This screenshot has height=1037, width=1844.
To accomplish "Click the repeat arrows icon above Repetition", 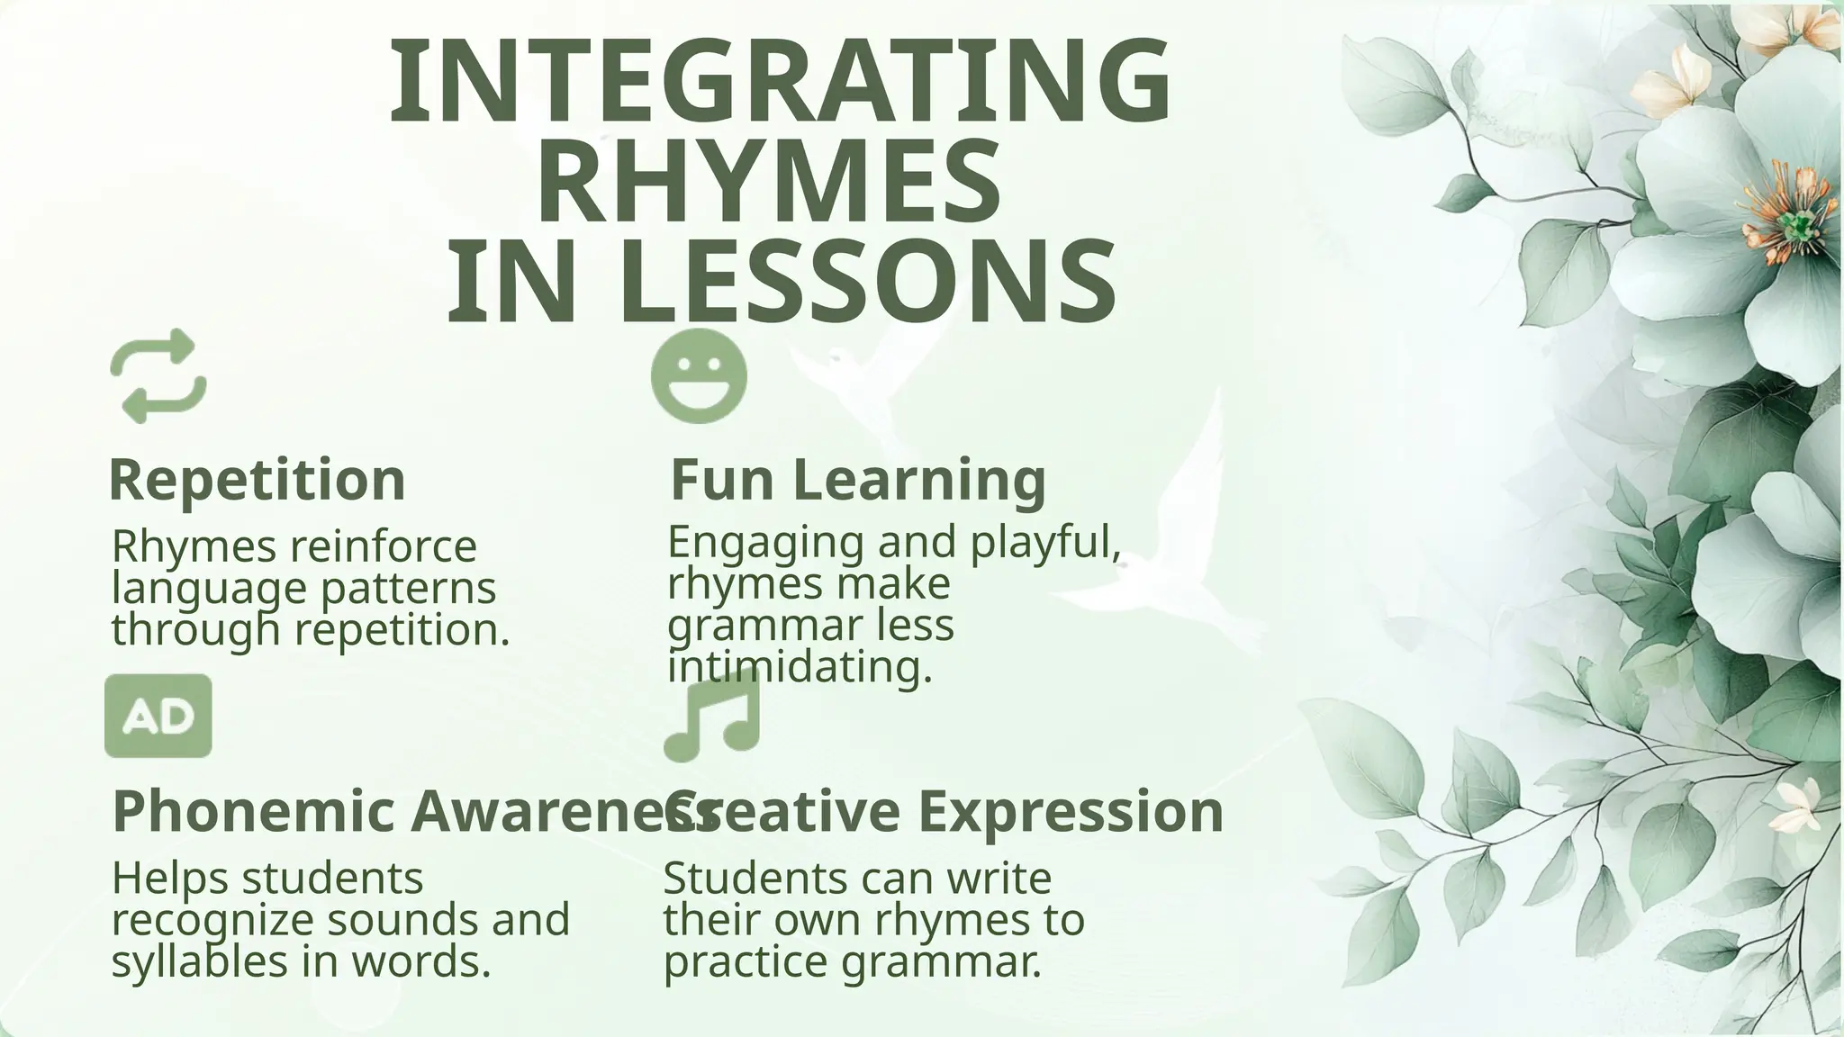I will pyautogui.click(x=158, y=376).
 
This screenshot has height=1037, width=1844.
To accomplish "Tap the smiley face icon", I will pyautogui.click(x=699, y=376).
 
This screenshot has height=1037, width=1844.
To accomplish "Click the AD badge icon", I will pyautogui.click(x=158, y=717).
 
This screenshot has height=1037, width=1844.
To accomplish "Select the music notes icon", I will pyautogui.click(x=711, y=717).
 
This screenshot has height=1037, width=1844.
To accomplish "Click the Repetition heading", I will pyautogui.click(x=257, y=479).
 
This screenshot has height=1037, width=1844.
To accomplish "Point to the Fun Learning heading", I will pyautogui.click(x=857, y=479).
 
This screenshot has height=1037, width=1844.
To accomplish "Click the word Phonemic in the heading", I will pyautogui.click(x=254, y=811).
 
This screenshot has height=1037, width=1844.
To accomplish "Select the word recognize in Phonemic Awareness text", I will pyautogui.click(x=212, y=919).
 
